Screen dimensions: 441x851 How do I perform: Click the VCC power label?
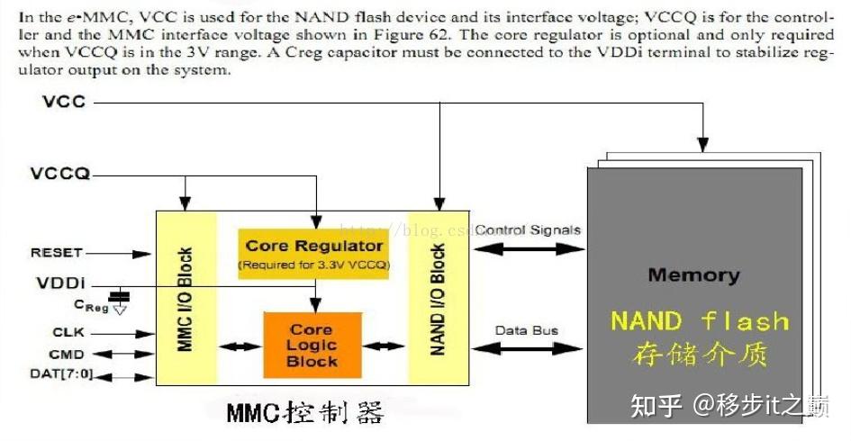64,102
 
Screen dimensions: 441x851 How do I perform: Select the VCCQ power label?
60,173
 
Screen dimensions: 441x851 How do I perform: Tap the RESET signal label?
56,253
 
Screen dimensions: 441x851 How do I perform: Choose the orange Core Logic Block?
312,346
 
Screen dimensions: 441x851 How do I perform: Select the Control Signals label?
528,229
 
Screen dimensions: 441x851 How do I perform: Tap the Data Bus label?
527,330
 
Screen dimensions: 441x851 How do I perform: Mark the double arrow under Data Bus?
528,348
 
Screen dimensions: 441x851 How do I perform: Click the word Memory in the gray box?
693,275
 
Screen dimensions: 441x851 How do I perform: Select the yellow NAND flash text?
699,321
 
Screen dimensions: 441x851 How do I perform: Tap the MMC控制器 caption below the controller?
304,413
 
